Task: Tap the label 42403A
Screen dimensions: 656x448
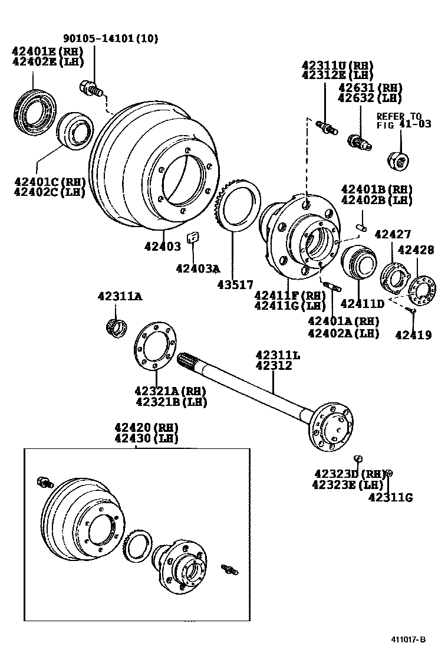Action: pos(197,268)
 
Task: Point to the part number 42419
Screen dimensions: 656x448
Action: pos(413,335)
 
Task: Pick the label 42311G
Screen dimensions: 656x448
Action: pos(391,497)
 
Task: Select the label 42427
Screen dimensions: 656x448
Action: pos(393,234)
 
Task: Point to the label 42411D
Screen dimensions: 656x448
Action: pos(363,304)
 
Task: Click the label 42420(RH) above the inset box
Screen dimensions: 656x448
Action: pos(146,427)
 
